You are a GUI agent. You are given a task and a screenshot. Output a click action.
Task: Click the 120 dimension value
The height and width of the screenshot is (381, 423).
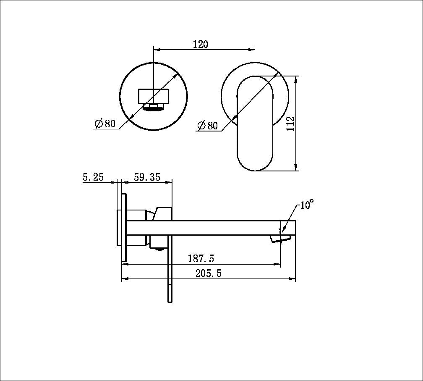pos(200,44)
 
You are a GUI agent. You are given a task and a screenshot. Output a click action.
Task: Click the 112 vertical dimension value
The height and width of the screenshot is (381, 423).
pos(291,123)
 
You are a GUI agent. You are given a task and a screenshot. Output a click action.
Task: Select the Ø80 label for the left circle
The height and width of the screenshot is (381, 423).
pos(105,123)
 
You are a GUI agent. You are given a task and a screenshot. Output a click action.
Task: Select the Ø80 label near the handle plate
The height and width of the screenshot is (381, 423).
pos(207,125)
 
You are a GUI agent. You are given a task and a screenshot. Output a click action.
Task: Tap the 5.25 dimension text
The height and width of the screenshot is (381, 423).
pos(93,177)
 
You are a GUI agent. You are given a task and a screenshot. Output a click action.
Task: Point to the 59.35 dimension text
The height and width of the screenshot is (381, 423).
pos(147,177)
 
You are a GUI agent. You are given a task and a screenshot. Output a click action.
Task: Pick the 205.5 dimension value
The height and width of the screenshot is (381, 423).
pos(208,273)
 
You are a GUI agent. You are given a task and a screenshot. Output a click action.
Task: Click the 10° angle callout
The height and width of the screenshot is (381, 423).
pos(306,205)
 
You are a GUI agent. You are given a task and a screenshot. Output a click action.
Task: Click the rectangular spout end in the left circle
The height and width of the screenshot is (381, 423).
pos(154,95)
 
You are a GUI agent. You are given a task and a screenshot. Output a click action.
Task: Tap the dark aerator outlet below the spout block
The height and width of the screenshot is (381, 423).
pos(154,108)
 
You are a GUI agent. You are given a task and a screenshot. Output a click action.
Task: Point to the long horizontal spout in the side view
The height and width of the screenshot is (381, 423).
pos(210,228)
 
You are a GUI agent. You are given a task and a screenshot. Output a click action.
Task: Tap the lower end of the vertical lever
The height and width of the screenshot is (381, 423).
pos(170,294)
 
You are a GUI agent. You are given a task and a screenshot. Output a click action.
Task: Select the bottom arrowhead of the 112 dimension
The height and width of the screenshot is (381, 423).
pos(297,168)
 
